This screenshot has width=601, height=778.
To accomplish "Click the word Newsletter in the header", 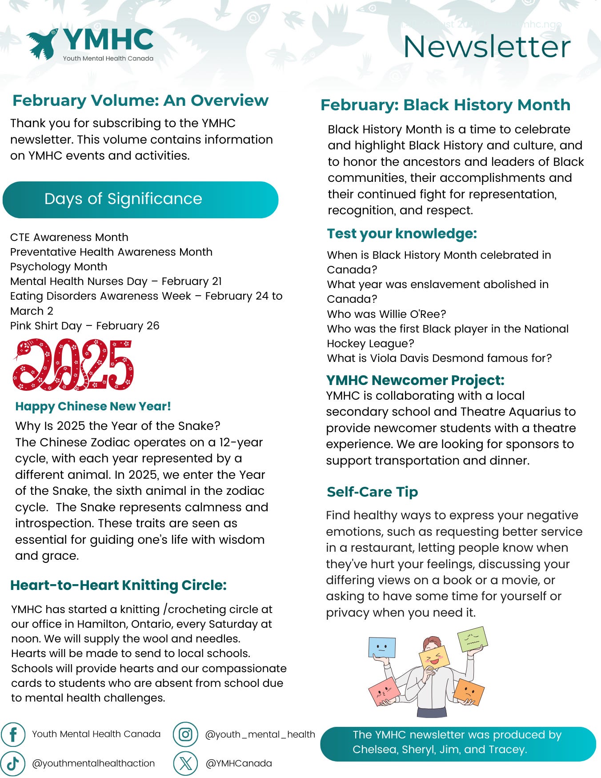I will coord(486,47).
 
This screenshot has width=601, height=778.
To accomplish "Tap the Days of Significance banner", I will coord(140,200).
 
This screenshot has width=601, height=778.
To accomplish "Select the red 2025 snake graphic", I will coord(73,365).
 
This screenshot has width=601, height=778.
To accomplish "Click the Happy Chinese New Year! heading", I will coord(93,406).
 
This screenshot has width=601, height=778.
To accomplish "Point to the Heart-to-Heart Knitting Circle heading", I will coord(118,585).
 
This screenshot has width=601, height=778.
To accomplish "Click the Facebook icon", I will coord(13,734).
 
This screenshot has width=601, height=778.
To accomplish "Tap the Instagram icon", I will coord(185,734).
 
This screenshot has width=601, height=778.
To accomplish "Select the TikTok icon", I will coord(13,763).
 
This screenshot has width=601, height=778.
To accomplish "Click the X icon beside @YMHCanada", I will coord(185,763).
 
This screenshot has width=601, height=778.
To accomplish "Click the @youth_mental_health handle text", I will coord(260,734).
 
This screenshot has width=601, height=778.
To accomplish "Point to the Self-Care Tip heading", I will coord(373,492).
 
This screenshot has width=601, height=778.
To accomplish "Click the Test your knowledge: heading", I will coord(402,234).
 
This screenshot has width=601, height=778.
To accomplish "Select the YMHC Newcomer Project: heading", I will coord(415,380).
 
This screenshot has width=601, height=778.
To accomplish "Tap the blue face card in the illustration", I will coord(382,648).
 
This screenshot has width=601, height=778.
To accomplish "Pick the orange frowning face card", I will coord(469,691).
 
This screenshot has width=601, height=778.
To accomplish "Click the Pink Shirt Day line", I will coord(84,326).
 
